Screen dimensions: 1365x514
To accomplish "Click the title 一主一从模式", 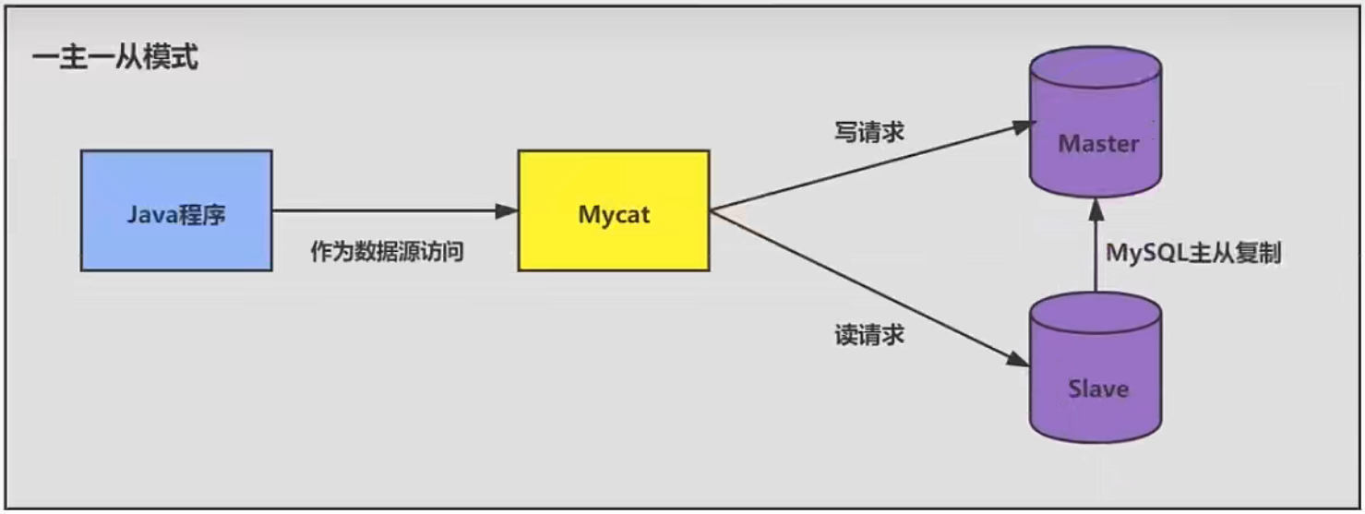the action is pyautogui.click(x=115, y=61).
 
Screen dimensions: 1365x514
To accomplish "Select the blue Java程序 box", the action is pyautogui.click(x=176, y=210).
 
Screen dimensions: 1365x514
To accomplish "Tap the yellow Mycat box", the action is pyautogui.click(x=614, y=210).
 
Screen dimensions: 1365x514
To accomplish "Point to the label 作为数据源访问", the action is pyautogui.click(x=387, y=252).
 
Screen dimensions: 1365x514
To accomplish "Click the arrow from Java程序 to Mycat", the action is pyautogui.click(x=388, y=211).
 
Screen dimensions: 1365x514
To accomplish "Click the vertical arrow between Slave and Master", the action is pyautogui.click(x=1095, y=254).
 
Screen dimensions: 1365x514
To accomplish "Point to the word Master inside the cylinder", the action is pyautogui.click(x=1098, y=144).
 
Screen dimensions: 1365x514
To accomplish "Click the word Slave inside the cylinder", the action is pyautogui.click(x=1098, y=388).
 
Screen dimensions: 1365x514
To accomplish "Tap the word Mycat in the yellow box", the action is pyautogui.click(x=614, y=215).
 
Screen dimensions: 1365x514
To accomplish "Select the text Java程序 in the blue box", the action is pyautogui.click(x=176, y=216).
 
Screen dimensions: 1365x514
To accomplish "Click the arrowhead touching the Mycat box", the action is pyautogui.click(x=507, y=211).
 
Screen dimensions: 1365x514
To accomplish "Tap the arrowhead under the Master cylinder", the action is pyautogui.click(x=1095, y=209).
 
